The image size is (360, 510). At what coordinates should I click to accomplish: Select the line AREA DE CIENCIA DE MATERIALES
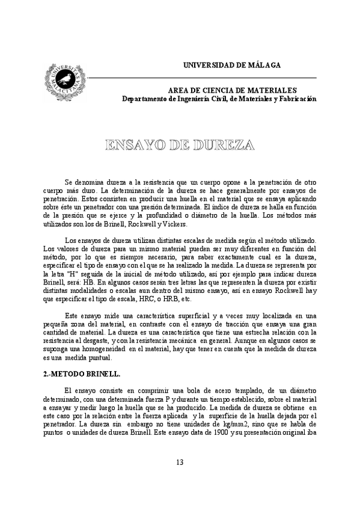(x=231, y=90)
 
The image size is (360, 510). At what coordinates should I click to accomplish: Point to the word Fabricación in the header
(x=294, y=99)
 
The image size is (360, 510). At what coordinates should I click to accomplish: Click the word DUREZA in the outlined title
(x=223, y=145)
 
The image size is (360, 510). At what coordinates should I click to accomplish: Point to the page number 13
(x=180, y=462)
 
